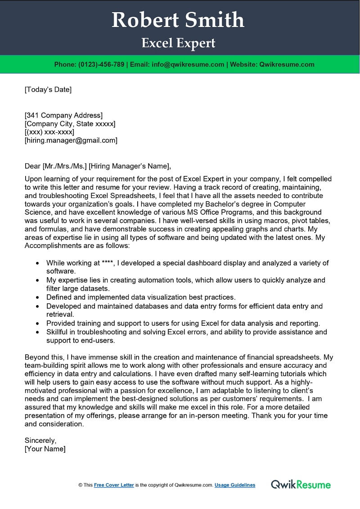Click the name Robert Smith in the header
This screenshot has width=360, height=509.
tap(178, 20)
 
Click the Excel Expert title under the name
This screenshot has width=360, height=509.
tap(178, 43)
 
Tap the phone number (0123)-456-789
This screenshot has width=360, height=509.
tap(101, 64)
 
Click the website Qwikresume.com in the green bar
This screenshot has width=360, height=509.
tap(287, 64)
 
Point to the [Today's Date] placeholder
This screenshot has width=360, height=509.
tap(48, 89)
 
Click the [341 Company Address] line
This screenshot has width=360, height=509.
tap(63, 115)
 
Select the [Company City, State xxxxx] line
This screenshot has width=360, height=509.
tap(70, 123)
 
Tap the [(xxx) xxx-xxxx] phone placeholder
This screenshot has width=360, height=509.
tap(49, 132)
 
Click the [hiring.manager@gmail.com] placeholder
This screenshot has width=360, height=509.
tap(71, 140)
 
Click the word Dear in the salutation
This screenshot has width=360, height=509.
tap(32, 166)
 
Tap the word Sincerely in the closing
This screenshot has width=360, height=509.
tap(40, 440)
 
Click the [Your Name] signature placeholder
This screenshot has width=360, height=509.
tap(45, 449)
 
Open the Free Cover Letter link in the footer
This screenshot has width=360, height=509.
tap(114, 485)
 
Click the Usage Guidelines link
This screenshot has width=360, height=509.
tap(234, 485)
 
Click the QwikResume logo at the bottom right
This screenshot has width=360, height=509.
tap(301, 485)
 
